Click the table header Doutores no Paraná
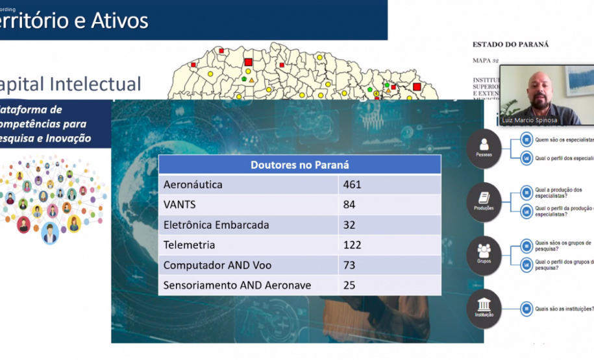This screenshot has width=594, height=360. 299,164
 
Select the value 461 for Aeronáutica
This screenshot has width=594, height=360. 353,185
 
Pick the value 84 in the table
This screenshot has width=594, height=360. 350,205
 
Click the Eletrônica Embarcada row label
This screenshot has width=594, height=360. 216,225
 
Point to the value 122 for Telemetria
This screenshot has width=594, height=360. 353,245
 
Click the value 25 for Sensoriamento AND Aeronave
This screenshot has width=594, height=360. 350,285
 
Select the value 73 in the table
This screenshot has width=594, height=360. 350,265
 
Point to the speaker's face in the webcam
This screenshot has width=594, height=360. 538,89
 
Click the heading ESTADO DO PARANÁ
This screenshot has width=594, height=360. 510,44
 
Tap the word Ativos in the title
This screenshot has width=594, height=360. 119,21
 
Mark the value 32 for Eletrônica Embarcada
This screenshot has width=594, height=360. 350,225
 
